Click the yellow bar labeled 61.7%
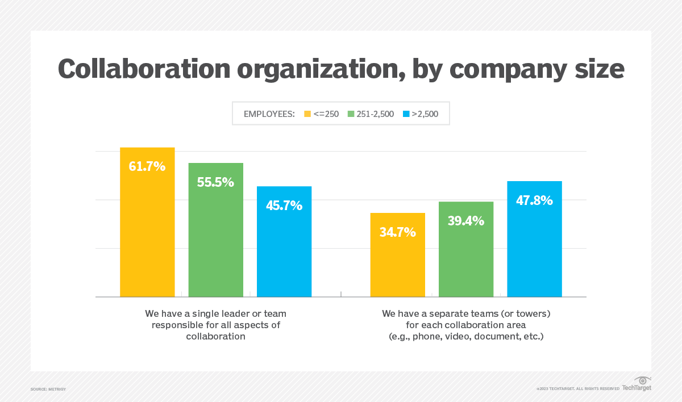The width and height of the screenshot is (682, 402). pos(147,227)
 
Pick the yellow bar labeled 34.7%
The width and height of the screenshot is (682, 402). pos(397,261)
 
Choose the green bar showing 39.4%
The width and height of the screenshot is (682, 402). pos(466,256)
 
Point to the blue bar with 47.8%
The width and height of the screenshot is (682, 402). pos(534,244)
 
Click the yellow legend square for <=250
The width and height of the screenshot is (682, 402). pos(307,114)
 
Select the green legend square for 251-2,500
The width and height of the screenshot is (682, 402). pos(352,114)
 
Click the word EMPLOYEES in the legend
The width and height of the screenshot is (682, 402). pos(269,114)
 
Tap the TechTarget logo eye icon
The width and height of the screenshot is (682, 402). pos(643,380)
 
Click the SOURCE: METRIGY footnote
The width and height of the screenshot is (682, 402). pos(48,389)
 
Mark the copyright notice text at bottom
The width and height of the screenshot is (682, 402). pos(577,389)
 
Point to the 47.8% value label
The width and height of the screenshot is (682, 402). pos(534,200)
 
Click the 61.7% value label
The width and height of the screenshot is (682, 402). pos(147,166)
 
